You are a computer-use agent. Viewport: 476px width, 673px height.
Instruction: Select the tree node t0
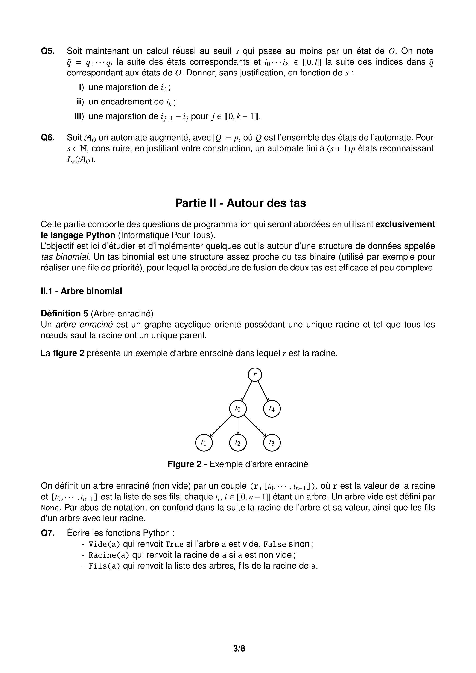click(238, 408)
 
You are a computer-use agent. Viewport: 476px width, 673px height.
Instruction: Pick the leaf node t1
click(204, 442)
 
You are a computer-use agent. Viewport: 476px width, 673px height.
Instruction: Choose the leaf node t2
click(238, 442)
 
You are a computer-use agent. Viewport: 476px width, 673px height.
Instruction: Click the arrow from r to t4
click(263, 391)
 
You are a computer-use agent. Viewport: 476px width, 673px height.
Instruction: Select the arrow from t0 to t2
click(238, 425)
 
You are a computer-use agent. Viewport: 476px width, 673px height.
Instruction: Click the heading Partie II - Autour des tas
click(240, 203)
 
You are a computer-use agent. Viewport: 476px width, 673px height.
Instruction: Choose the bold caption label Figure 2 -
click(187, 464)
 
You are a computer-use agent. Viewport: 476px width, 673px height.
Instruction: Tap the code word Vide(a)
click(104, 544)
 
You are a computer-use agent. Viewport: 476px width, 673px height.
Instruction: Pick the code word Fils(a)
click(104, 566)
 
